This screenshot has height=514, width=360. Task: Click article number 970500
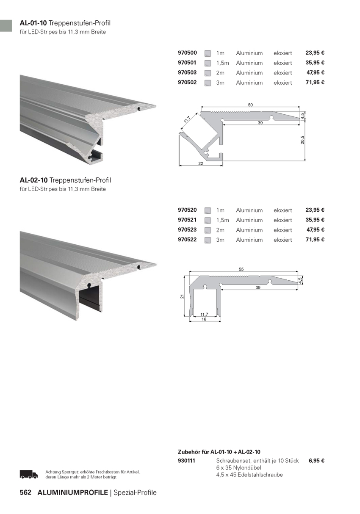coord(187,53)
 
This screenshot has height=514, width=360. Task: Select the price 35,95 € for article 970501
coord(315,63)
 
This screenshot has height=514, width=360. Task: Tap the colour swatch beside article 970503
coord(208,73)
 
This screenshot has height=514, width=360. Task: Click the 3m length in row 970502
coord(220,83)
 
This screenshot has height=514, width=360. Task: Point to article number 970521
coord(187,220)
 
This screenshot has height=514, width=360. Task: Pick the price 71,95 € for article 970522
coord(315,240)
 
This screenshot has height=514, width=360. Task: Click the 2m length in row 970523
coord(220,230)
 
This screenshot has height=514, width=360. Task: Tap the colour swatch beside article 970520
coord(208,210)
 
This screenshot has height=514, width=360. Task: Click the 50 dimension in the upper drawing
coord(250,105)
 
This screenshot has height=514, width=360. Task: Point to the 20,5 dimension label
coord(302,140)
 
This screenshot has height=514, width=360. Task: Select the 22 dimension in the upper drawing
coord(201,163)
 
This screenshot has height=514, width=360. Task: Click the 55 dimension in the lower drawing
coord(241,269)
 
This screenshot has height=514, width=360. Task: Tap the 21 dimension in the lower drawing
coord(182,296)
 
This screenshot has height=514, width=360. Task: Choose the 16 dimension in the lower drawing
coord(204,319)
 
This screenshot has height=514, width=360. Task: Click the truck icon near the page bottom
coord(29,474)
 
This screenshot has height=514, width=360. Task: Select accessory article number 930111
coord(186,461)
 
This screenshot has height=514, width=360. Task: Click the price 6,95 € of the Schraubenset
coord(317,461)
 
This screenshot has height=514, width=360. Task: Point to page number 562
coord(25,493)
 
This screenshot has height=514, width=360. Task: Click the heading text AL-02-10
coord(33,180)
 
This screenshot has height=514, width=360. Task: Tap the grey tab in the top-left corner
coord(6,26)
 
